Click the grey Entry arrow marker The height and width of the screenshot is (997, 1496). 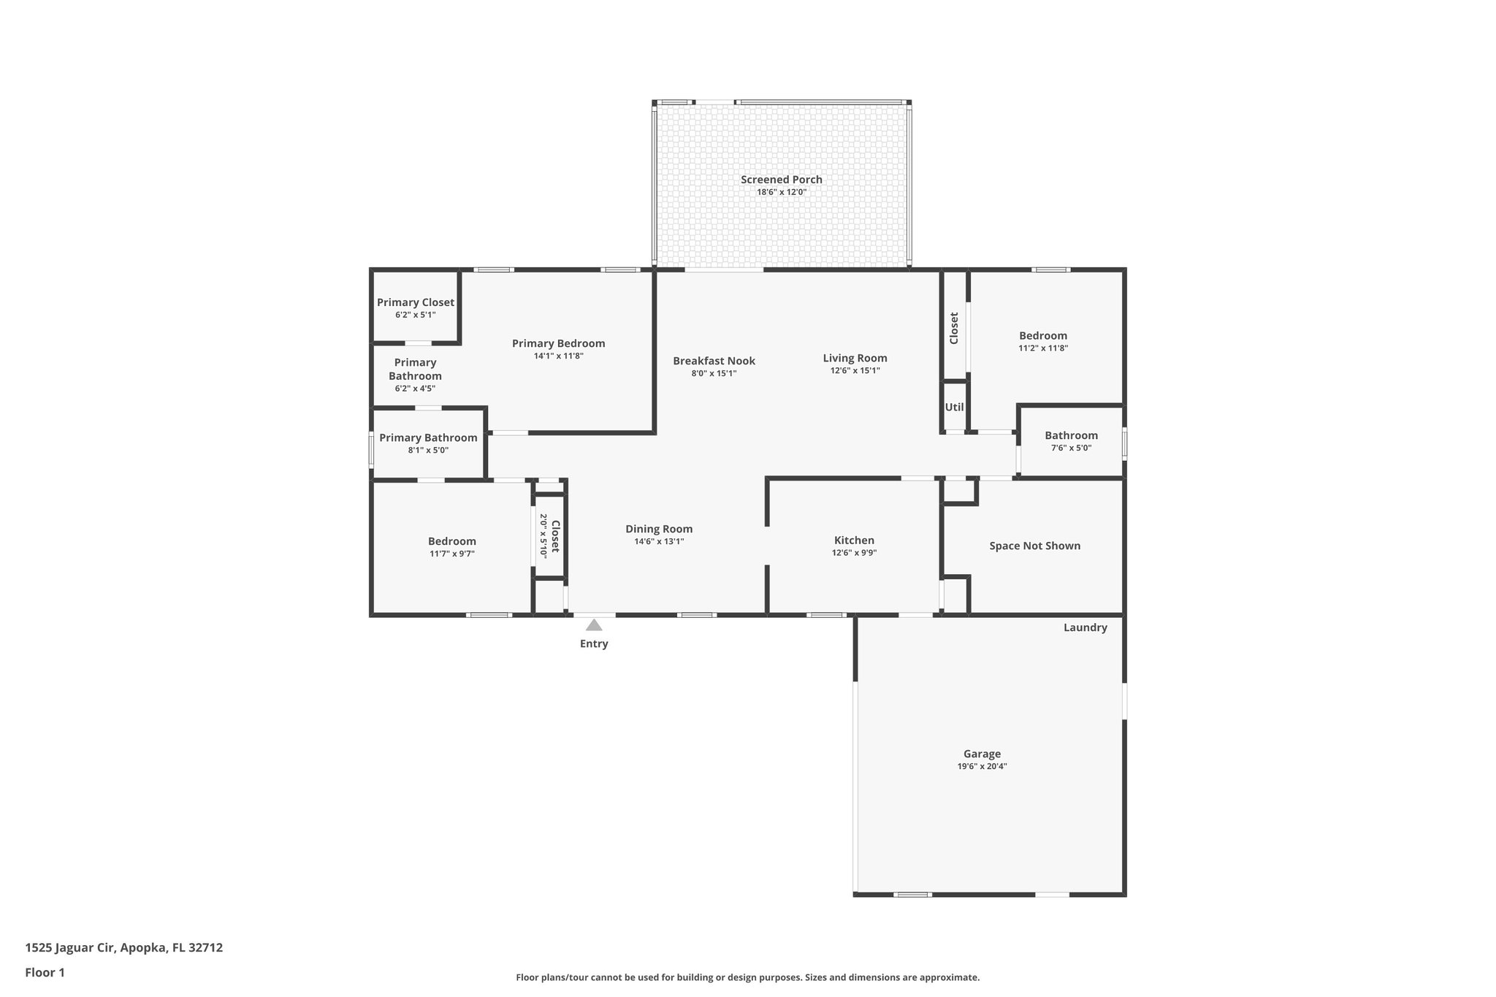[594, 625]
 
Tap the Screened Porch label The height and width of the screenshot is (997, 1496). [781, 180]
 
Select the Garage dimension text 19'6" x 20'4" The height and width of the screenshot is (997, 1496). [982, 766]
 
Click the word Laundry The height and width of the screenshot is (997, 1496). [1085, 627]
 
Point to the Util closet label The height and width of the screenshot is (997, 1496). [954, 408]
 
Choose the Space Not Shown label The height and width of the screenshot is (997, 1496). [1034, 546]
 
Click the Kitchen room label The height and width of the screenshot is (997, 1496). [854, 540]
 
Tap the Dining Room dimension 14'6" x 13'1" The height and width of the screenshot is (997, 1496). [659, 541]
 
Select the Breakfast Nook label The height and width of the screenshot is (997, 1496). [714, 361]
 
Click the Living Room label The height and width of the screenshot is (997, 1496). [855, 358]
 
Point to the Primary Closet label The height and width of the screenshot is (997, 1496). [415, 302]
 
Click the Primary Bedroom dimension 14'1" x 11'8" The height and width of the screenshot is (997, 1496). [558, 356]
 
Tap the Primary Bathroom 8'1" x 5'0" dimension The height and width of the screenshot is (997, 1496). [428, 450]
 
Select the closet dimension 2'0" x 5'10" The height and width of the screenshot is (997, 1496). [543, 536]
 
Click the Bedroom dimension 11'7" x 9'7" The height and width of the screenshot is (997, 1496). [451, 554]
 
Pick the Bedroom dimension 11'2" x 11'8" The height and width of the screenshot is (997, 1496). [1043, 348]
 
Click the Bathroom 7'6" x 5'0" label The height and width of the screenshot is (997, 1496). [1071, 435]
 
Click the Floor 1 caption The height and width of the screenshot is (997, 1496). [45, 972]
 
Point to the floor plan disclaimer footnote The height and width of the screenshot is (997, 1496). [747, 977]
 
